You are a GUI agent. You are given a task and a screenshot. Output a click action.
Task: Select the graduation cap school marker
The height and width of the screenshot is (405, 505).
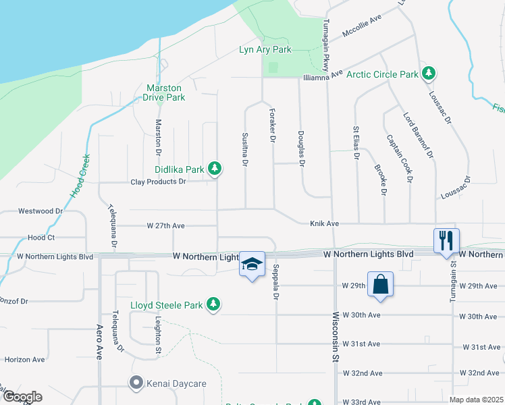tap(252, 264)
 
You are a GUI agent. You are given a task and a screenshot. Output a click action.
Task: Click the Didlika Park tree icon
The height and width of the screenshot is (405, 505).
tap(215, 168)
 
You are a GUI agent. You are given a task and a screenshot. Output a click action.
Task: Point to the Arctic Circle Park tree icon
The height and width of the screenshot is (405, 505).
tap(427, 72)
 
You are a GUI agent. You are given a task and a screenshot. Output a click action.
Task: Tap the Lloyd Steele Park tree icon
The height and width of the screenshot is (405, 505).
tap(214, 304)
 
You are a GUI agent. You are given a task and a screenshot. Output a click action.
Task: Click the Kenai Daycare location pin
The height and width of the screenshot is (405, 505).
tap(136, 383)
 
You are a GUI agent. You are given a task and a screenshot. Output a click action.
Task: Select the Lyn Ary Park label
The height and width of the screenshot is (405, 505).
tap(265, 50)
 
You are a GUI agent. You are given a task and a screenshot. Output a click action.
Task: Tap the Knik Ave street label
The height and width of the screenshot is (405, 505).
tap(324, 223)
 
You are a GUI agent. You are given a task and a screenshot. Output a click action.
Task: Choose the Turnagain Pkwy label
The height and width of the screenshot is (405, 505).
tap(325, 40)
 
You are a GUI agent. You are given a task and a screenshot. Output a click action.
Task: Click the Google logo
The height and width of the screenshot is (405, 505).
tap(22, 397)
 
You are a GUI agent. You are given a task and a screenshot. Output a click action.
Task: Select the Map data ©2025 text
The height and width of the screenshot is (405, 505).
tap(476, 400)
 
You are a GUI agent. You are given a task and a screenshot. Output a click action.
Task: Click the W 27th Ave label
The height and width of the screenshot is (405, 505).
tap(165, 225)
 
